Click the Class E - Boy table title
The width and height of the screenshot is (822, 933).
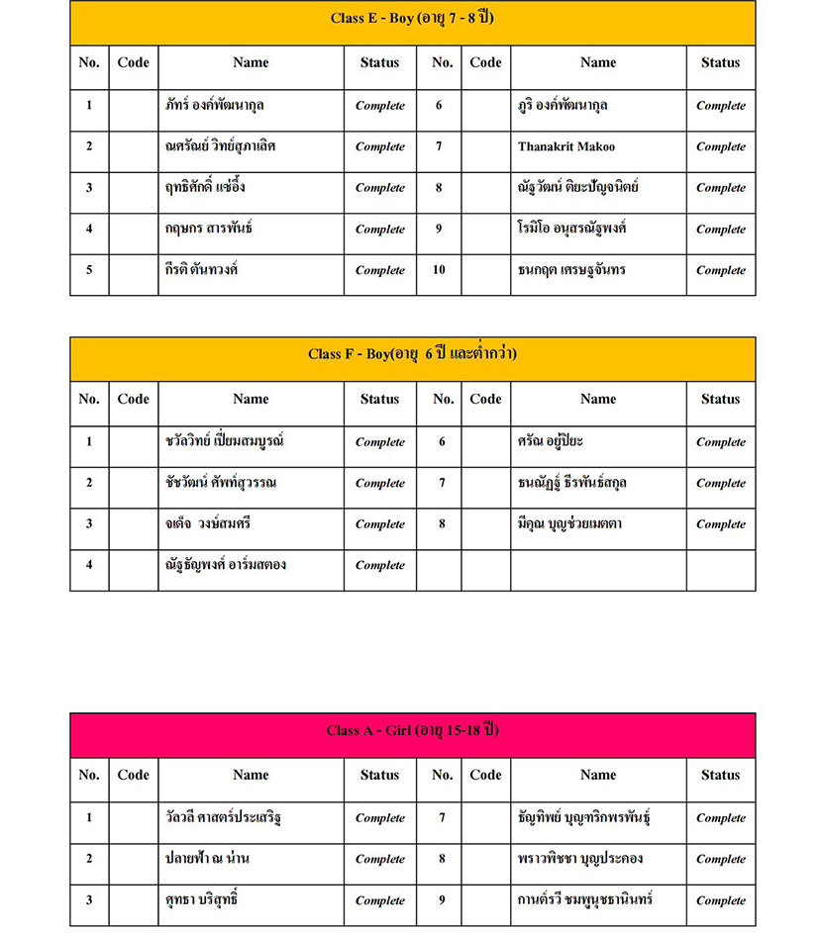tap(412, 19)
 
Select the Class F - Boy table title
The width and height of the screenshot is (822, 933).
tap(412, 354)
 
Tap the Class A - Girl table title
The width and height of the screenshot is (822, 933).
tap(412, 731)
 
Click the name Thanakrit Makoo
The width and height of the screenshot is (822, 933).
tap(565, 146)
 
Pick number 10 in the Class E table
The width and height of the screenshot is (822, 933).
tap(439, 270)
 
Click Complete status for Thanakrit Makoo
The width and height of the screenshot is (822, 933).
tap(720, 146)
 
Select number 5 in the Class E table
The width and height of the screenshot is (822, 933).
tap(89, 270)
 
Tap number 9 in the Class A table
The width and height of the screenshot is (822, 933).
tap(442, 900)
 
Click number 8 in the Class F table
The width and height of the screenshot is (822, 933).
tap(442, 524)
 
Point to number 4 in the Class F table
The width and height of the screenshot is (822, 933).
tap(89, 565)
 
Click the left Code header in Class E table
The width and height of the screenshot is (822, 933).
tap(133, 62)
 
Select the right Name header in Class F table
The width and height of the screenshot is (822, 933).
tap(598, 399)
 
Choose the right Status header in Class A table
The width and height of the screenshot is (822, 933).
tap(720, 775)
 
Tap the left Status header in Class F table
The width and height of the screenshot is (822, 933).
tap(379, 399)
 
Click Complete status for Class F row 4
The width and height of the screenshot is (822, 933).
tap(379, 565)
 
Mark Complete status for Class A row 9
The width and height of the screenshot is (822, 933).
tap(720, 900)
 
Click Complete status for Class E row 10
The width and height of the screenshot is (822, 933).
tap(720, 270)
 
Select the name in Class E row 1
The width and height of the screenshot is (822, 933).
tap(215, 105)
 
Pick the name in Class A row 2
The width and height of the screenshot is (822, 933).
tap(207, 859)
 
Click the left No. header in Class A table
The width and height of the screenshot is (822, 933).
tap(89, 775)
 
